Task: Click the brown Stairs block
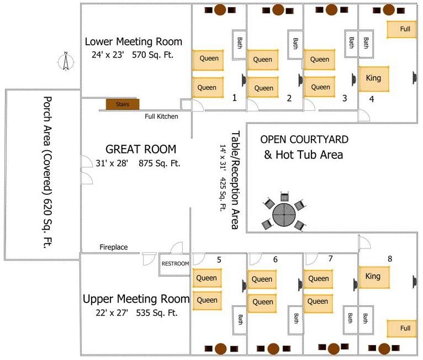pyautogui.click(x=123, y=104)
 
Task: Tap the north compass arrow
pyautogui.click(x=66, y=61)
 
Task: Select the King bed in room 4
pyautogui.click(x=374, y=79)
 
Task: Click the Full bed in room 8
pyautogui.click(x=402, y=328)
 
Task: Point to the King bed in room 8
pyautogui.click(x=374, y=277)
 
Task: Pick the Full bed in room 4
pyautogui.click(x=401, y=29)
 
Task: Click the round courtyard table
pyautogui.click(x=284, y=215)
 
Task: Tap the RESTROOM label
pyautogui.click(x=175, y=263)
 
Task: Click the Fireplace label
pyautogui.click(x=114, y=247)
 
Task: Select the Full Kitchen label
pyautogui.click(x=161, y=117)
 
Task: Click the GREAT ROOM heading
pyautogui.click(x=141, y=149)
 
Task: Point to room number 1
pyautogui.click(x=235, y=98)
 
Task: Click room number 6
pyautogui.click(x=275, y=260)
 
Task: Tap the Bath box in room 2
pyautogui.click(x=295, y=44)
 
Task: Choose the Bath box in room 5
pyautogui.click(x=240, y=320)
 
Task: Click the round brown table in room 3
pyautogui.click(x=331, y=10)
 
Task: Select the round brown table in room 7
pyautogui.click(x=334, y=348)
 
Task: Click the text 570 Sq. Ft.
pyautogui.click(x=153, y=55)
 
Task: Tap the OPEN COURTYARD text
pyautogui.click(x=304, y=139)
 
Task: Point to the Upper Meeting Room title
pyautogui.click(x=136, y=299)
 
